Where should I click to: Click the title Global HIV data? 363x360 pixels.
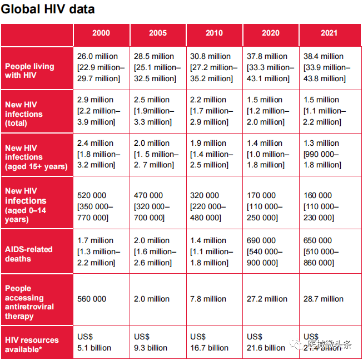48,9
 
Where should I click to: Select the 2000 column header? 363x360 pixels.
101,33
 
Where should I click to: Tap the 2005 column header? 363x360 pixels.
158,33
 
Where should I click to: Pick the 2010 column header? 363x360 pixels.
214,33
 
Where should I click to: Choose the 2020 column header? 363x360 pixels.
271,33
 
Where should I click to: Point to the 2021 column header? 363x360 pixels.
329,33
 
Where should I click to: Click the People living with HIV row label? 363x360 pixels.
30,70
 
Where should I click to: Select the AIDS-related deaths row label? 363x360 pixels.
29,254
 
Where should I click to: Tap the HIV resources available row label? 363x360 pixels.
32,344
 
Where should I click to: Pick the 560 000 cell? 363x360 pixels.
92,299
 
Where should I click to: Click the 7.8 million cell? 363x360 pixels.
210,299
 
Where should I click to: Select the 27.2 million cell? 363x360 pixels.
267,299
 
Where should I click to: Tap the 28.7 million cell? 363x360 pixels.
324,299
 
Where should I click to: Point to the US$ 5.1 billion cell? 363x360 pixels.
94,342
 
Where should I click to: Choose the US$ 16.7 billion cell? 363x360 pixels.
209,342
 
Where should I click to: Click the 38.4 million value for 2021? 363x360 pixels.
324,56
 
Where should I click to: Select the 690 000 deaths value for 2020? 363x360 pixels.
261,240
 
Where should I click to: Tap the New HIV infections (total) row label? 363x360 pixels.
24,114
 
